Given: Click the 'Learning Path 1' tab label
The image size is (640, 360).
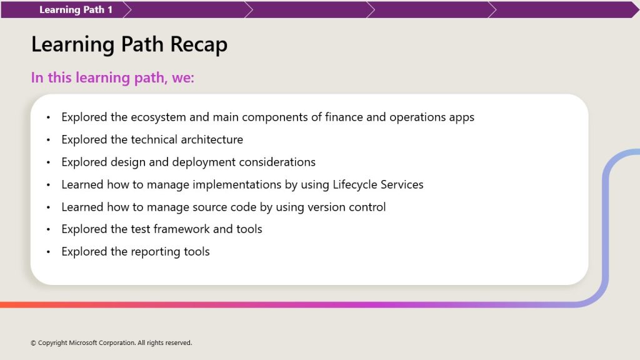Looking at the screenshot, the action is [76, 10].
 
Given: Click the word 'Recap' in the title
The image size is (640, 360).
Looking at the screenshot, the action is [199, 44].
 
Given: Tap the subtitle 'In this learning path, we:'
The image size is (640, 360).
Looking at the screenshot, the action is [112, 77].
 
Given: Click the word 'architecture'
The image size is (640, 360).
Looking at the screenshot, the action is [212, 139].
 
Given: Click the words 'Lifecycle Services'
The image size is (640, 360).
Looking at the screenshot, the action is [378, 184].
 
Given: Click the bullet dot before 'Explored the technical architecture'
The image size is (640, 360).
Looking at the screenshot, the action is [48, 140].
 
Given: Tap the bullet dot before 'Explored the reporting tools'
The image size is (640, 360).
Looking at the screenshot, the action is [48, 252].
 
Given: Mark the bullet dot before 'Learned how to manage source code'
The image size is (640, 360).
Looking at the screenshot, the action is [48, 207].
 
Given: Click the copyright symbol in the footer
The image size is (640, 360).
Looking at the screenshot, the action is [34, 343].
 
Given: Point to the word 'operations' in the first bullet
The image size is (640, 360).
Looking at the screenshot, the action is [417, 117].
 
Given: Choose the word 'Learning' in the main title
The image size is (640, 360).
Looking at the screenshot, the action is [72, 45].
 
